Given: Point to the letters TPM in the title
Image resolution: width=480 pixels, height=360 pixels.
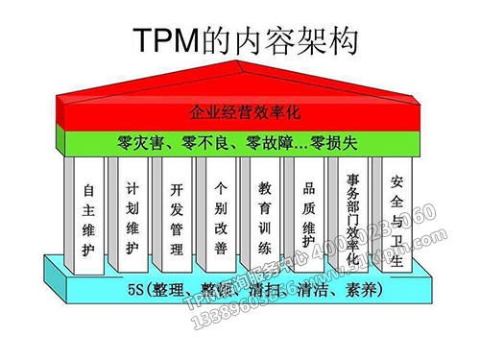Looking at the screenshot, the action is pos(164,39).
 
